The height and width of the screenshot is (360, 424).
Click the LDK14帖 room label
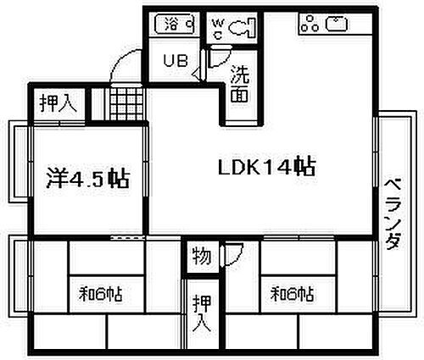(266, 167)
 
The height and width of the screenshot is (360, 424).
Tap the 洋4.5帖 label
(88, 179)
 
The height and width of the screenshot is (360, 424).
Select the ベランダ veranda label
(393, 213)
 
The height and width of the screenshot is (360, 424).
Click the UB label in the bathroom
(176, 60)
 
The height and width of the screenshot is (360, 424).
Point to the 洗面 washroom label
(240, 84)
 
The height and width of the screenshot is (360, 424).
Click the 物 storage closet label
(202, 257)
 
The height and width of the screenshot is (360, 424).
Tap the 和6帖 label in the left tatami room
(101, 294)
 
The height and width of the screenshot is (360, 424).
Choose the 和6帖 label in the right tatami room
(293, 294)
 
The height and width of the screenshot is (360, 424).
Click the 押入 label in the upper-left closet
(59, 103)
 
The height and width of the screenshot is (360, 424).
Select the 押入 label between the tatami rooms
(202, 313)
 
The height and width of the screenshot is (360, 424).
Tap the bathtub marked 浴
(176, 24)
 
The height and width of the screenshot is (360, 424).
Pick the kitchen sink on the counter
(337, 24)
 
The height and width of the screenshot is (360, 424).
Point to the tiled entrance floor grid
(126, 104)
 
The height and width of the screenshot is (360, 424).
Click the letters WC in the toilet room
(218, 28)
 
